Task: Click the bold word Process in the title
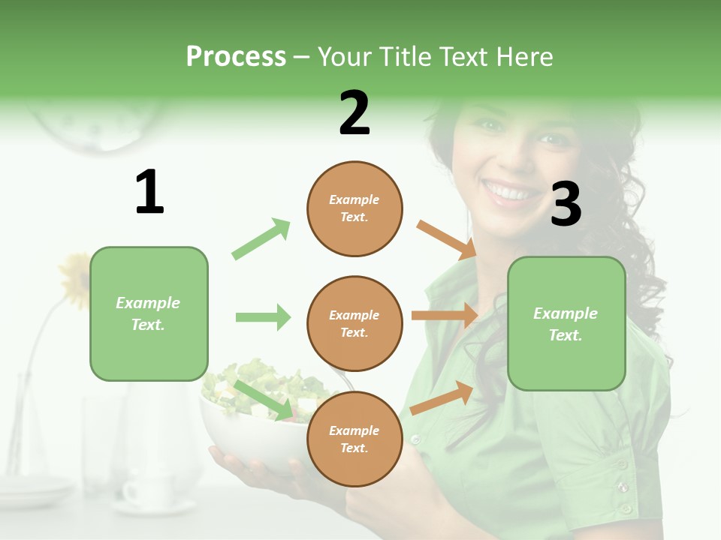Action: coord(236,56)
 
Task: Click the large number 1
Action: coord(149,192)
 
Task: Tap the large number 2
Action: coord(354,113)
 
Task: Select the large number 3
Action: coord(566,204)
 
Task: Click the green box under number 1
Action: coord(149,313)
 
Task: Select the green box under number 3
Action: coord(566,323)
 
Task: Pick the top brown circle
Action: coord(354,208)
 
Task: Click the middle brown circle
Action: coord(354,323)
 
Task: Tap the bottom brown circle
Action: coord(354,439)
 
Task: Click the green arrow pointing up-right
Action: coord(261,239)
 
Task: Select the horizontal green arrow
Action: coord(263,317)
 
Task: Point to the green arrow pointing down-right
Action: coord(264,400)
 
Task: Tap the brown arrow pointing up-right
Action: coord(442,398)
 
